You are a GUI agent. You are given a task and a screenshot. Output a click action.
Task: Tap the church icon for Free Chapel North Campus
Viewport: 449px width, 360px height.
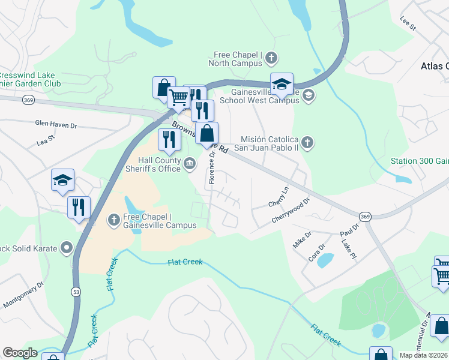point(271,58)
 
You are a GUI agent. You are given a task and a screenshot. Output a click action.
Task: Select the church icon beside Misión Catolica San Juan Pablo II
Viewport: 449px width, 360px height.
point(307,143)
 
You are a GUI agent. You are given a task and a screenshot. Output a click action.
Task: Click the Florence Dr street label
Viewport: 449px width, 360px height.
point(212,167)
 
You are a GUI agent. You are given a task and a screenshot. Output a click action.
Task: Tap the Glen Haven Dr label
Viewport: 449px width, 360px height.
point(56,123)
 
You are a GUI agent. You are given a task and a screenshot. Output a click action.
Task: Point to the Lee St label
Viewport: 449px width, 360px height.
point(408,23)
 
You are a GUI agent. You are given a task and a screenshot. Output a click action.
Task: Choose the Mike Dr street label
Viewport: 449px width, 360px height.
point(302,239)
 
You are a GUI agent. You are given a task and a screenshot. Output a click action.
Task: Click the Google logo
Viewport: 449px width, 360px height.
point(20,353)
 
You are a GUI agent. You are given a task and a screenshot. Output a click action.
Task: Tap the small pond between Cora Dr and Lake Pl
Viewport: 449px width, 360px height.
point(325,260)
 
